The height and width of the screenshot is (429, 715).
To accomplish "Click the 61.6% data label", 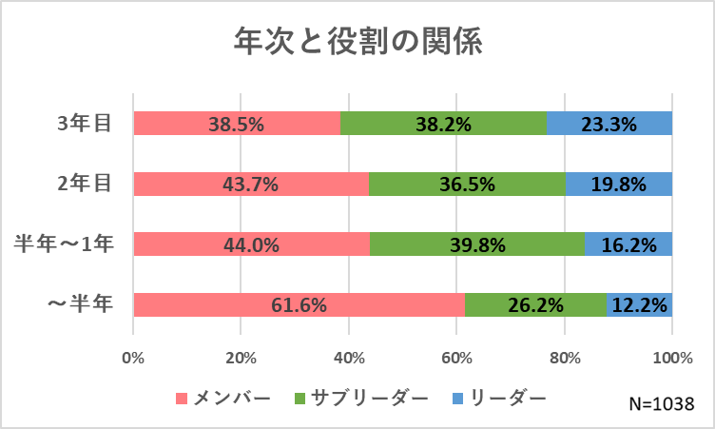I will [300, 305].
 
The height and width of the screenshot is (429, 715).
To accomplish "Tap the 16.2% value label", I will [629, 244].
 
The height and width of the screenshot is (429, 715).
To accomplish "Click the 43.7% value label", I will [251, 185].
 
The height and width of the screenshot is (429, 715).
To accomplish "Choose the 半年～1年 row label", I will [65, 244].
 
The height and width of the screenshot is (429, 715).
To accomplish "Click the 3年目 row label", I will [84, 124].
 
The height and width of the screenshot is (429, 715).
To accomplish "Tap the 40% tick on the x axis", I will [349, 358].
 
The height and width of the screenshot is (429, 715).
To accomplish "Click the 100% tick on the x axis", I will [672, 358].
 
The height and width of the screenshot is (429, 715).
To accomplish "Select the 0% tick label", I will [134, 358].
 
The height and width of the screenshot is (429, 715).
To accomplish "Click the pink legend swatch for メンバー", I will [184, 397].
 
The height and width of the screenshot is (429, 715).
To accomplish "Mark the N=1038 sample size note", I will [662, 402].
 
